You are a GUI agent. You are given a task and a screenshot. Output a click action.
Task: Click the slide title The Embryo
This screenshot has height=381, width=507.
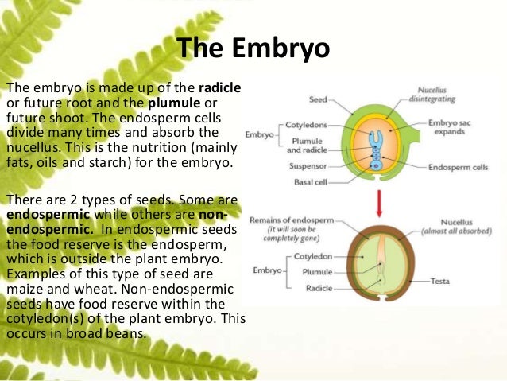253,49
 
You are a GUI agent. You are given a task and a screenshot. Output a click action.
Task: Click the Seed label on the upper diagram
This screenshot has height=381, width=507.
318,99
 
